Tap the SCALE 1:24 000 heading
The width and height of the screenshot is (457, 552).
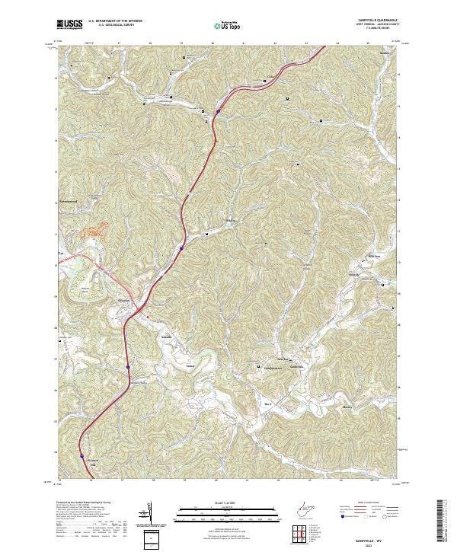(x=217, y=503)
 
